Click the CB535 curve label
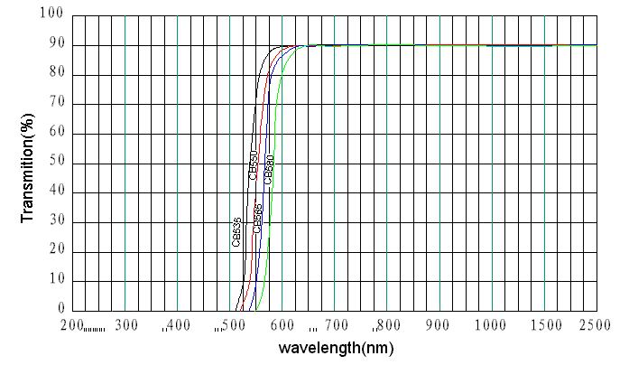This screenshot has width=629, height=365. pos(236,232)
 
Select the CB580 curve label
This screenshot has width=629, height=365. pos(269,169)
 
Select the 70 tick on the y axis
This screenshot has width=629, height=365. pos(55,104)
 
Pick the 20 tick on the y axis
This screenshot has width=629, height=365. pos(55,251)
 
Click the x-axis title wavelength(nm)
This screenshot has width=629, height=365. pos(336,348)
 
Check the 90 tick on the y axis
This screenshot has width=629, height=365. pos(55,45)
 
